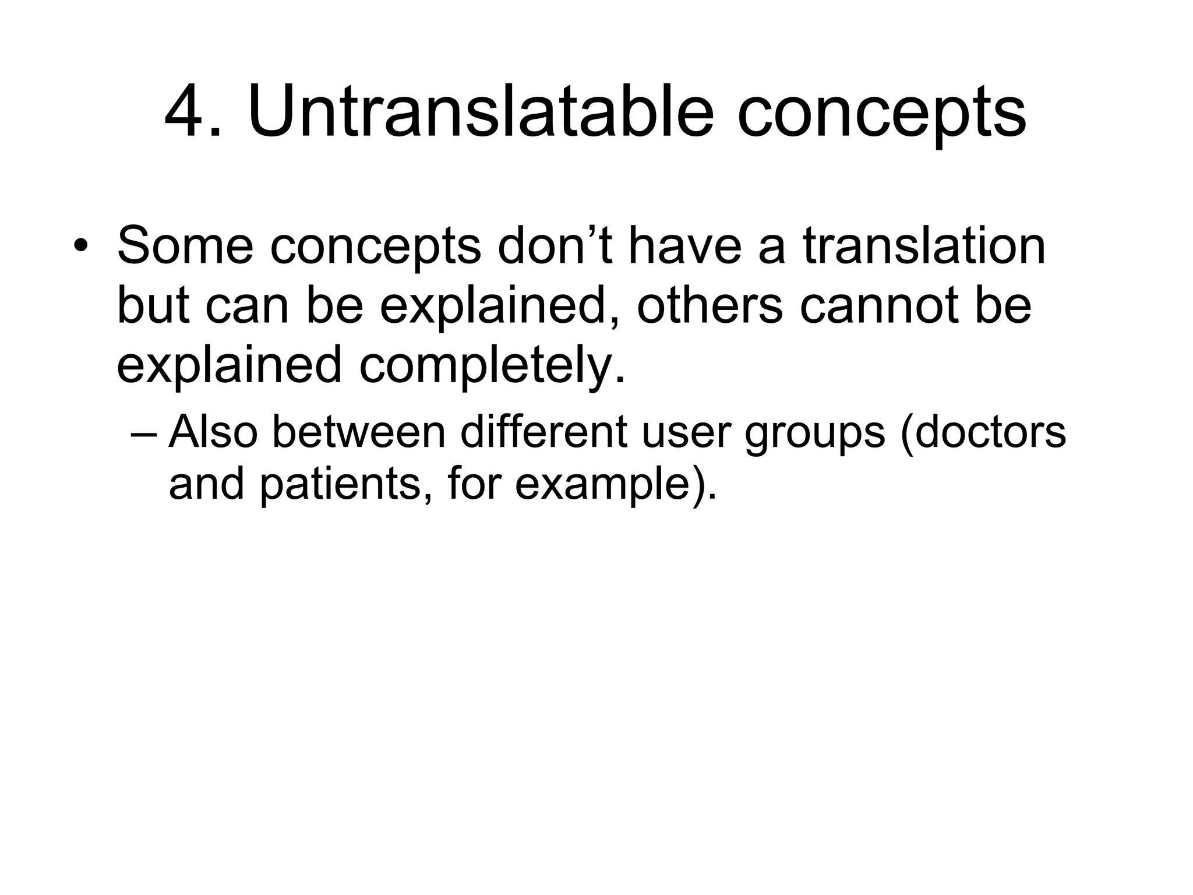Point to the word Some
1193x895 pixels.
[185, 245]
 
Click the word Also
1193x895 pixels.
[213, 432]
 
